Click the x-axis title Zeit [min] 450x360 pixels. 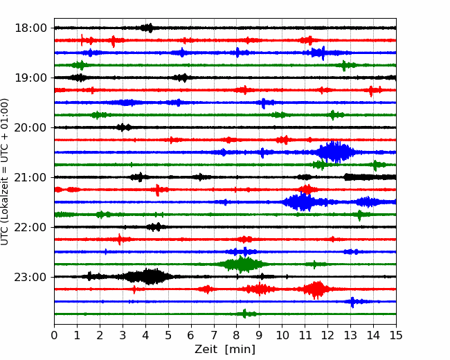[x=225, y=350]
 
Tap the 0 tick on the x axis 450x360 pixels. [x=54, y=336]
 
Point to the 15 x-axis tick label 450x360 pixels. [x=395, y=336]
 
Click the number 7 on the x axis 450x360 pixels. [x=213, y=336]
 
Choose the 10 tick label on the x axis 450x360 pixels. [x=282, y=336]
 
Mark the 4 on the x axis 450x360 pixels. [x=145, y=336]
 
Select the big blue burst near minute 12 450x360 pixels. [x=335, y=152]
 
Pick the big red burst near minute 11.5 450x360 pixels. [x=317, y=289]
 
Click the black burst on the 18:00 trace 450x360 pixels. [x=147, y=28]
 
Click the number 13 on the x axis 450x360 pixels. [x=350, y=336]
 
